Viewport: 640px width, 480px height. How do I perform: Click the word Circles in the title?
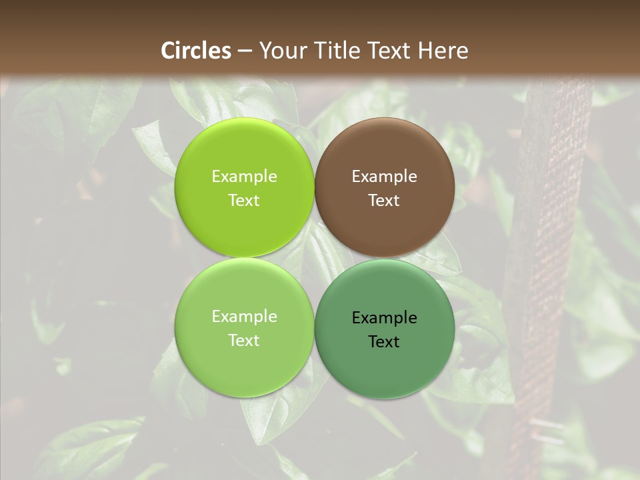coord(196,51)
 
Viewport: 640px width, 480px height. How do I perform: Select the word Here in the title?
coord(443,51)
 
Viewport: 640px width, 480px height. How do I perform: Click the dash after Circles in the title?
coord(244,51)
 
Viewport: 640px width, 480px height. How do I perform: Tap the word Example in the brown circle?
coord(384,177)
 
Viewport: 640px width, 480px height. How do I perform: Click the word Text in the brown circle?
coord(384,200)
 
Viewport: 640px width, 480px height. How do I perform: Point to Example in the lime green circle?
coord(244,177)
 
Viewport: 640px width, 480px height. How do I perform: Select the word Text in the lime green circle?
coord(244,200)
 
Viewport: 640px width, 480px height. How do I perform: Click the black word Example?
coord(384,318)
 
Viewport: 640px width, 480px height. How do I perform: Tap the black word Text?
coord(384,341)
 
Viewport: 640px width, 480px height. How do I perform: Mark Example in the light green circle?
coord(244,317)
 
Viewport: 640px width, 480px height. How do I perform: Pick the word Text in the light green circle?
coord(244,340)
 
